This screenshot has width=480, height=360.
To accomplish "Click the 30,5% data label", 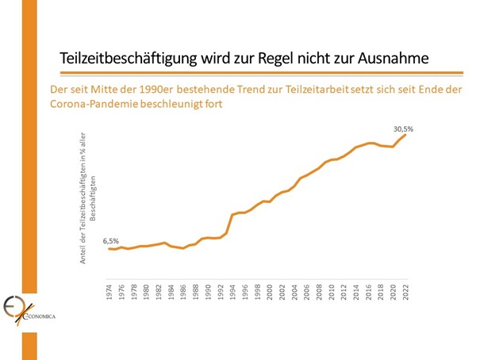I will (x=404, y=127).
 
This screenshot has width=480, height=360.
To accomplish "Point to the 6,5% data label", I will (x=112, y=240).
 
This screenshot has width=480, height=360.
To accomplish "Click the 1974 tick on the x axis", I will (x=109, y=290).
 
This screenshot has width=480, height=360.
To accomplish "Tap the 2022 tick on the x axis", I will (x=406, y=290).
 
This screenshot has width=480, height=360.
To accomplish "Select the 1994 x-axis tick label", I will (x=232, y=290).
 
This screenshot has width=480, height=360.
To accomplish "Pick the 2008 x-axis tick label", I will (x=319, y=290).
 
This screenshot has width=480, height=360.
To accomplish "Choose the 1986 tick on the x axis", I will (x=183, y=290).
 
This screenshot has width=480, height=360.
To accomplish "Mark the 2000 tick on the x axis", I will (x=270, y=290).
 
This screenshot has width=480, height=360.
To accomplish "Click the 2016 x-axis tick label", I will (x=369, y=290).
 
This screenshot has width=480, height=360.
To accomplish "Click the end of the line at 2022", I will (x=405, y=135).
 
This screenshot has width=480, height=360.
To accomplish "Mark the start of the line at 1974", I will (x=109, y=249).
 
